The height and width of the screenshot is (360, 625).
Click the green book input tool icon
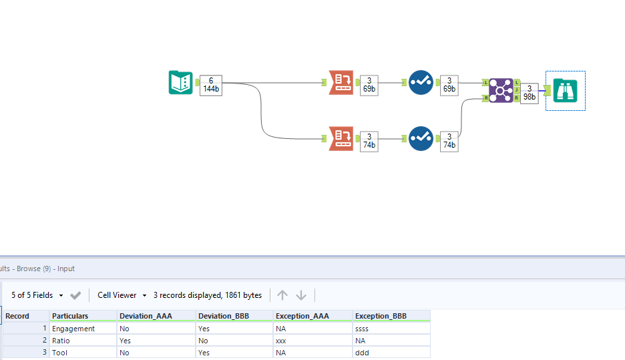click(x=180, y=83)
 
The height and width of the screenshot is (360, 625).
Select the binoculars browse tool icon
click(x=566, y=90)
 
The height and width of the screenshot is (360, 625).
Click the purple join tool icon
click(x=501, y=90)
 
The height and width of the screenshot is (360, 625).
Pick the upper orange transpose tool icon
click(x=341, y=83)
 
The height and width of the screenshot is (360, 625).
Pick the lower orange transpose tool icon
click(x=341, y=139)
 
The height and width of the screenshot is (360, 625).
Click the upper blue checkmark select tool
click(x=421, y=83)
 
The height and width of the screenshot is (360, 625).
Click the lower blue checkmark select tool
click(x=421, y=138)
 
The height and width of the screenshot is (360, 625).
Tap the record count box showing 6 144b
click(x=211, y=85)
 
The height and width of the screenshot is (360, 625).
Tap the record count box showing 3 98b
click(x=530, y=93)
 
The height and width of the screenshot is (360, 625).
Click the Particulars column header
click(x=70, y=316)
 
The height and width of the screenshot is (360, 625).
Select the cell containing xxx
click(x=281, y=341)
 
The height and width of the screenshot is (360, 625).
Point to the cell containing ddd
click(x=365, y=353)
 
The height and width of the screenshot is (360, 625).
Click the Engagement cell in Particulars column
click(x=73, y=329)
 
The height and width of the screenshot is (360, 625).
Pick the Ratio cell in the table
click(x=61, y=341)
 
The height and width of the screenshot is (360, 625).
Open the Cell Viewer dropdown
click(x=122, y=295)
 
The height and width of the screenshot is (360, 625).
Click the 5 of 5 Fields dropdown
click(x=37, y=295)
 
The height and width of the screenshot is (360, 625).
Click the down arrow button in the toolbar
click(x=301, y=295)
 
